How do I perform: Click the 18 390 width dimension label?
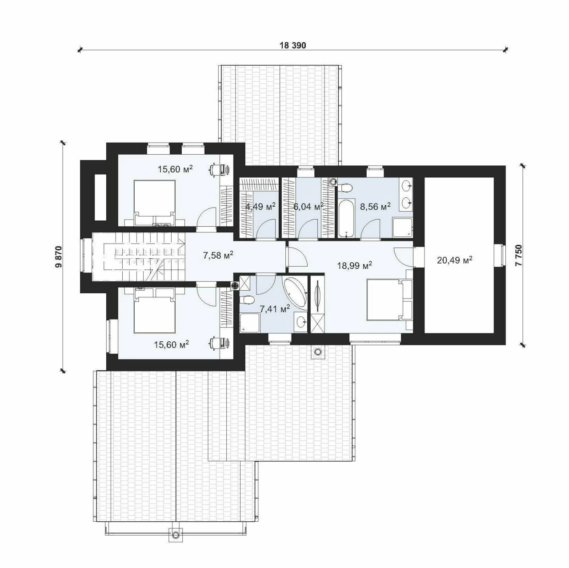coord(293,45)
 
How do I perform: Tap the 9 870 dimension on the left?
coord(59,256)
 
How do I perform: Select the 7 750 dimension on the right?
coord(519,256)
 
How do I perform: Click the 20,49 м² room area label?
coord(454,260)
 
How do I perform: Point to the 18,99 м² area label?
coord(354,265)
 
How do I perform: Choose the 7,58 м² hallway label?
coord(218,255)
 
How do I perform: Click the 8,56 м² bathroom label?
coord(375,206)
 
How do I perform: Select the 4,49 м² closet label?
coord(260,206)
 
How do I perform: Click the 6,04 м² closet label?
coord(308,206)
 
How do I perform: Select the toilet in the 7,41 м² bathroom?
coord(247,300)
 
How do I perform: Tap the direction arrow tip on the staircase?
coord(184,244)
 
